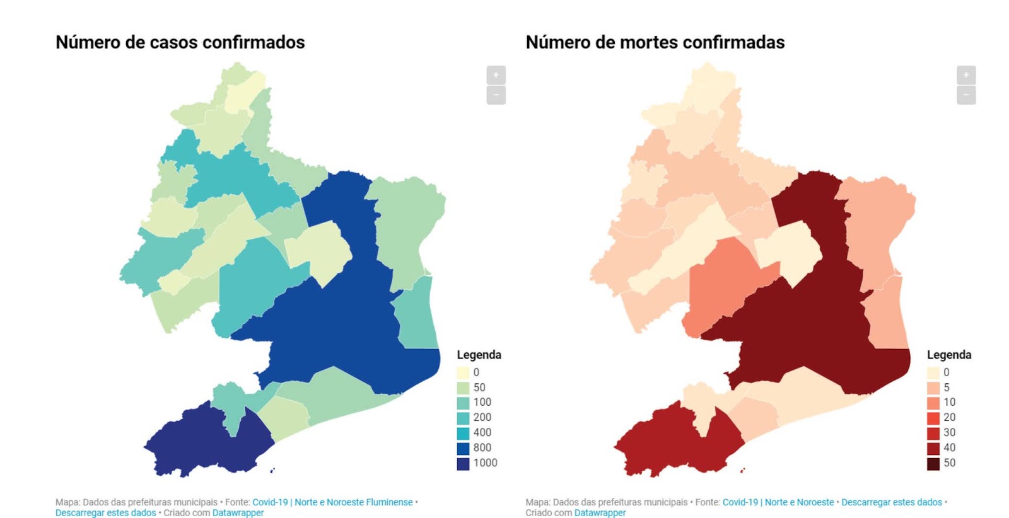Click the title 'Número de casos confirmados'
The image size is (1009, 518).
point(180,42)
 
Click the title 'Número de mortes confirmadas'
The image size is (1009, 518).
point(655,42)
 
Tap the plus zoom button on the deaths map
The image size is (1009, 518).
point(965,75)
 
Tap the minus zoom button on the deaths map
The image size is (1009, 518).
point(965,95)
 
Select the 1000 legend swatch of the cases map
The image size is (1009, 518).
point(463,463)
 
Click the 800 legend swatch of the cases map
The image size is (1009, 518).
point(463,448)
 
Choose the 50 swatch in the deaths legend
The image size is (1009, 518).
point(933,463)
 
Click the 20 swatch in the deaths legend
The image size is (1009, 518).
point(933,418)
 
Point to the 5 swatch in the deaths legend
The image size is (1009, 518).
point(933,388)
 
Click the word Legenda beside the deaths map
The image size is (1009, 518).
point(948,355)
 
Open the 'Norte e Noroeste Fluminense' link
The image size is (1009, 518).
point(353,502)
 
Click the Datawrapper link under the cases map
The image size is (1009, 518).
point(238,513)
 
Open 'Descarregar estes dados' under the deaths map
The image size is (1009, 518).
point(891,502)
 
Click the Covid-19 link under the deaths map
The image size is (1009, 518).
point(740,502)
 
